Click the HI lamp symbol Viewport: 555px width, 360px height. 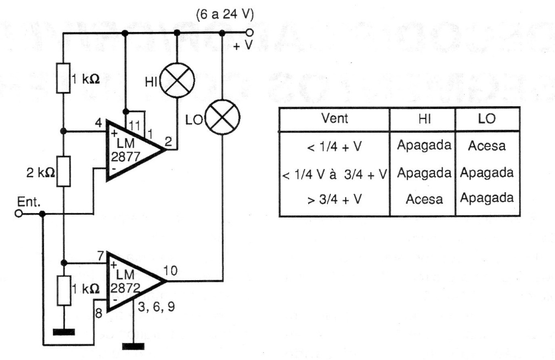tap(177, 80)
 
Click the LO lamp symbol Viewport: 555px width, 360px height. tap(222, 117)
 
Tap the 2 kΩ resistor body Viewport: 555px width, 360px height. tap(64, 171)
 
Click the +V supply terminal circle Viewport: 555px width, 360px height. tap(249, 32)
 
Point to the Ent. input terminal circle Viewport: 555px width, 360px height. tap(18, 214)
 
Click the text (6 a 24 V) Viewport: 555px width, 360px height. tap(225, 14)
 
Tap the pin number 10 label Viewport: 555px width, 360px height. tap(170, 271)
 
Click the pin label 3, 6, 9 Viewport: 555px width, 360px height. tap(156, 307)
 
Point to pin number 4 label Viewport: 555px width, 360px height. tap(99, 123)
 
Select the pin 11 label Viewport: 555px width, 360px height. tap(135, 126)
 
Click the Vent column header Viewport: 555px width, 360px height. tap(335, 118)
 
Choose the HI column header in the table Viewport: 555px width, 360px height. tap(424, 119)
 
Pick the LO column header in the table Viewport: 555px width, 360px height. tap(487, 118)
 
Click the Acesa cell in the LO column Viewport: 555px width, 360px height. tap(487, 146)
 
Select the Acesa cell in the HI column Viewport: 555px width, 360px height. tap(424, 199)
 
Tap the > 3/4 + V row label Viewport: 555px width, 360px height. tap(335, 200)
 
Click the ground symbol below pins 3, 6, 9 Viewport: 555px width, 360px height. tap(133, 346)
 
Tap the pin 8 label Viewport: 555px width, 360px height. tap(99, 313)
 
